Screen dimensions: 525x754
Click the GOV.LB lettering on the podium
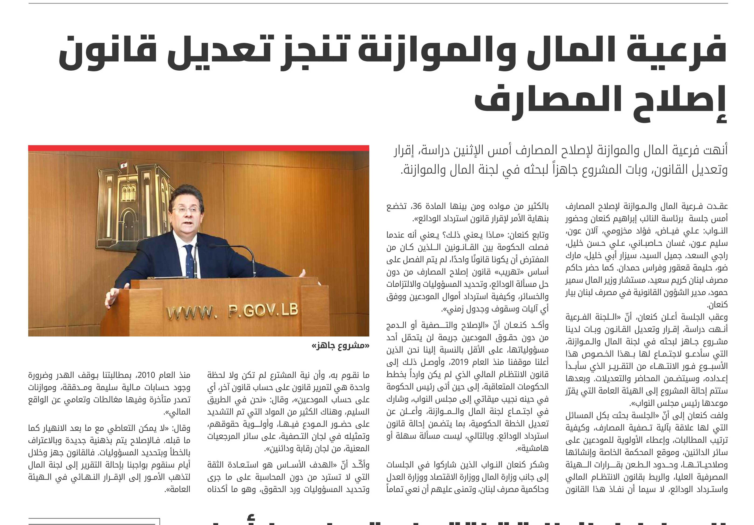pos(263,310)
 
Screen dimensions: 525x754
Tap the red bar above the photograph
pos(199,148)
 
